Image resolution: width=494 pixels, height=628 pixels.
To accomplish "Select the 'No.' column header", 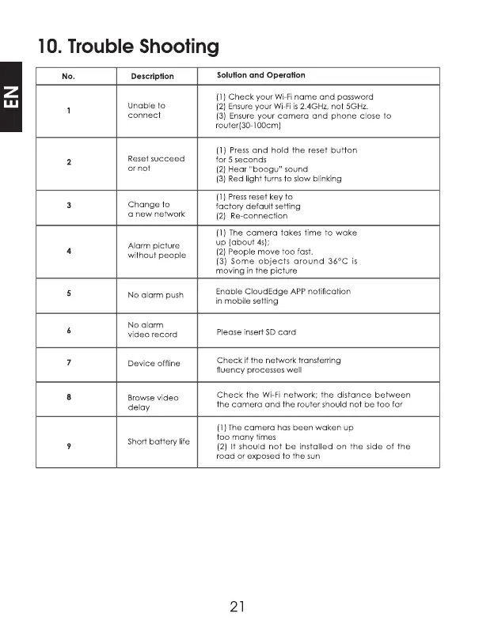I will (x=68, y=77).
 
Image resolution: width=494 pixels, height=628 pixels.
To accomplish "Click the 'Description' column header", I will (x=152, y=77).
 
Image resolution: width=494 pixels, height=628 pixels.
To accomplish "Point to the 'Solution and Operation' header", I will (x=260, y=75).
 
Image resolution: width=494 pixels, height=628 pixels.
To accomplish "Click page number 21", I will (x=237, y=607).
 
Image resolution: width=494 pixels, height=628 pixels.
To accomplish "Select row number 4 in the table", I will (x=70, y=251).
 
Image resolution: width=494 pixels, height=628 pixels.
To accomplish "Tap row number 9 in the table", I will (x=70, y=447).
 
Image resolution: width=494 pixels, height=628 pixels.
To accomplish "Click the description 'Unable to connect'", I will (x=146, y=110).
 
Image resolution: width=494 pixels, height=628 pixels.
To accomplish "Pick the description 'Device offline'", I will (x=154, y=364).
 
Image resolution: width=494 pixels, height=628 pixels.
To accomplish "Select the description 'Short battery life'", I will (x=158, y=441).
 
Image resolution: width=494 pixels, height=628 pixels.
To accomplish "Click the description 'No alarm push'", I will (x=155, y=295).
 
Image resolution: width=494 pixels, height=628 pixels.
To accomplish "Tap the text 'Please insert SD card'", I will (x=256, y=332).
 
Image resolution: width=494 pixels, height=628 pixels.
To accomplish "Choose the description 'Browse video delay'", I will (x=153, y=403).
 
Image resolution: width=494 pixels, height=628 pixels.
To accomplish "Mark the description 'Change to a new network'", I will (x=156, y=210).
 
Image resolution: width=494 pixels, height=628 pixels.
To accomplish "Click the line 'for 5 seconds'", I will (x=240, y=159).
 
